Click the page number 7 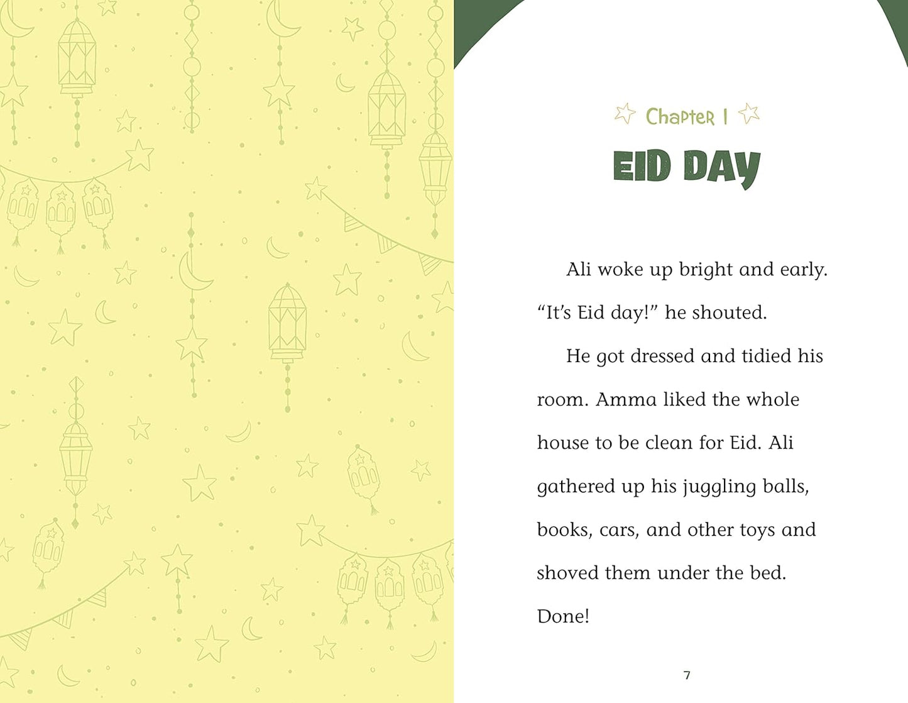point(687,675)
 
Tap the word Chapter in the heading point(680,117)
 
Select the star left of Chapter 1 point(625,114)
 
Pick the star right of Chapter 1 point(748,114)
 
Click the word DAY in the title point(721,168)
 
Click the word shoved point(562,573)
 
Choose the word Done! point(563,616)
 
